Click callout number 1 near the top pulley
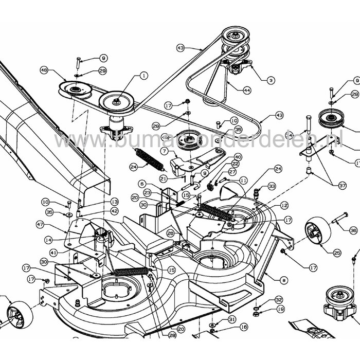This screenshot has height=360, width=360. (x=142, y=76)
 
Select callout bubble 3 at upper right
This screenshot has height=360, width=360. (x=271, y=80)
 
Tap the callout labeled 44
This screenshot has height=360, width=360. (x=247, y=90)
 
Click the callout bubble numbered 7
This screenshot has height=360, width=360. (x=163, y=151)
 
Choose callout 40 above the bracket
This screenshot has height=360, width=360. (x=238, y=157)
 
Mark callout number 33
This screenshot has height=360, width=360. (x=272, y=186)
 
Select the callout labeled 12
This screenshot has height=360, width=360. (x=284, y=205)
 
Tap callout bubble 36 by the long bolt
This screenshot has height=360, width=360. (x=352, y=230)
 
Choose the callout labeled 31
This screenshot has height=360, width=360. (x=231, y=319)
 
